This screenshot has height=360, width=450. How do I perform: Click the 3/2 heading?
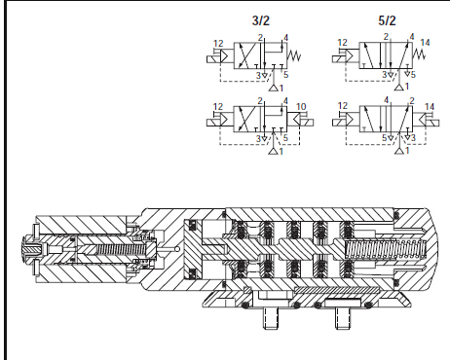pos(261,20)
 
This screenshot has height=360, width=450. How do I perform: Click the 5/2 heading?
pos(387,20)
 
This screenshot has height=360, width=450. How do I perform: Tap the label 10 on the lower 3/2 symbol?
pos(301,107)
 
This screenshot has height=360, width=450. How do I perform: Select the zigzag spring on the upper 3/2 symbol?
pos(294,55)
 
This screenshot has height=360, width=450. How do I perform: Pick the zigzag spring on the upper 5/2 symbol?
pos(419,54)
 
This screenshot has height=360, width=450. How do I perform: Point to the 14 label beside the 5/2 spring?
pos(425,43)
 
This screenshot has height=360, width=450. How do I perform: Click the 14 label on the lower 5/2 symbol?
pos(430,107)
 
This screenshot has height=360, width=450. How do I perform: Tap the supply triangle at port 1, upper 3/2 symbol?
pos(274,88)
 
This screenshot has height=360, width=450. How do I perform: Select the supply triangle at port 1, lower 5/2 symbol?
pos(399,151)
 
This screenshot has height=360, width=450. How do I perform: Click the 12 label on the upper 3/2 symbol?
pos(218,44)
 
